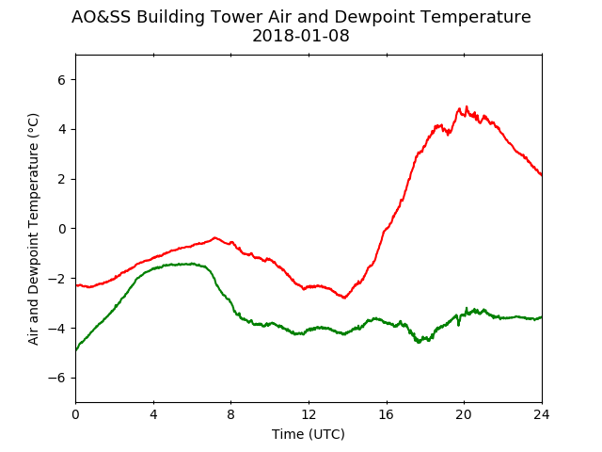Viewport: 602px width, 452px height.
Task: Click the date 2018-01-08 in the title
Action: [x=301, y=36]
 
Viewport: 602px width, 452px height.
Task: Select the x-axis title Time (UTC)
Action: [x=309, y=434]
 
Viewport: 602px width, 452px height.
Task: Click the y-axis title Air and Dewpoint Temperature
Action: [x=34, y=229]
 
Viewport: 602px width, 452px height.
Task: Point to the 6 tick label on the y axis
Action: [x=62, y=79]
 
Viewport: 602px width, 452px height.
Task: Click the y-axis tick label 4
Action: [x=62, y=129]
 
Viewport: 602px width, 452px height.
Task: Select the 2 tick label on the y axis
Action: [x=62, y=179]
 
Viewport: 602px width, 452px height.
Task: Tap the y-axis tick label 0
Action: [x=62, y=229]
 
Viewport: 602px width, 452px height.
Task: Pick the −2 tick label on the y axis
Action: [x=56, y=279]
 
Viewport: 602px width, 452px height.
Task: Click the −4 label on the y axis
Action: [x=56, y=329]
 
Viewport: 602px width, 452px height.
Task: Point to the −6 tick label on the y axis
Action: [x=56, y=378]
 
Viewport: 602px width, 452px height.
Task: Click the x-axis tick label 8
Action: [x=231, y=414]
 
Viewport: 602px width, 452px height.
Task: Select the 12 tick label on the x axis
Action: [x=309, y=414]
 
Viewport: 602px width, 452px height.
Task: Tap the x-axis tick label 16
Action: [x=387, y=414]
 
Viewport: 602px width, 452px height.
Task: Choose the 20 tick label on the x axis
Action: [x=464, y=414]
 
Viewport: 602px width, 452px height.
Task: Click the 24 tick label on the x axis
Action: [x=542, y=414]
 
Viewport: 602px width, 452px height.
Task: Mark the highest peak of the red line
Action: [x=467, y=106]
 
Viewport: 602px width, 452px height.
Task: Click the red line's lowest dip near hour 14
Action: [x=344, y=298]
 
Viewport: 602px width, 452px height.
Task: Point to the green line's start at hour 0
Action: [x=76, y=350]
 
